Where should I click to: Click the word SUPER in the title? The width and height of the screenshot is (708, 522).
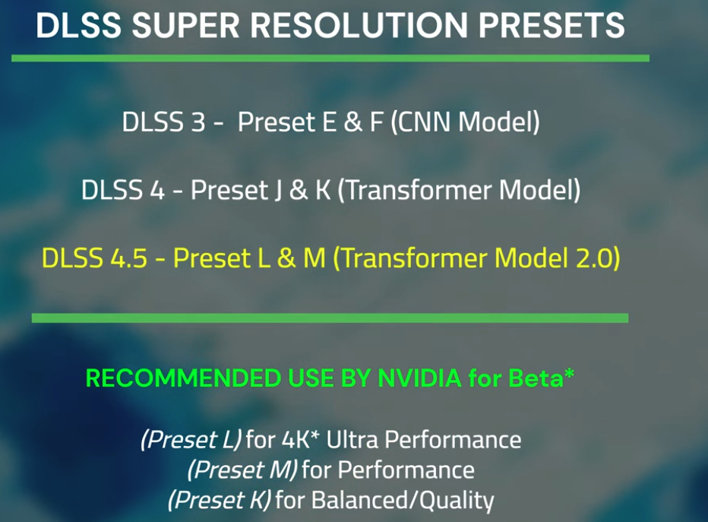(x=186, y=25)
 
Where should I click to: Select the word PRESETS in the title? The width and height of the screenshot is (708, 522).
(x=552, y=25)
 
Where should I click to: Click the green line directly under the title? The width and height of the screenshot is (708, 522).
(x=330, y=59)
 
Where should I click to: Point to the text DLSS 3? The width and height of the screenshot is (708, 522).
(x=164, y=122)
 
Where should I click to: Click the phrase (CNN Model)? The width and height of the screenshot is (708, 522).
(x=465, y=122)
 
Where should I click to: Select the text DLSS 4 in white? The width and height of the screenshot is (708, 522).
(x=123, y=190)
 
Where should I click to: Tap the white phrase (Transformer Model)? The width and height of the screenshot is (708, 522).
(x=459, y=190)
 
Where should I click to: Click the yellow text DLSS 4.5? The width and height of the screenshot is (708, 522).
(x=94, y=258)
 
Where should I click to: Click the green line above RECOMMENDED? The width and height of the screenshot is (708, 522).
(x=330, y=318)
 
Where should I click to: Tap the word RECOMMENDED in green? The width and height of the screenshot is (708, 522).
(x=183, y=378)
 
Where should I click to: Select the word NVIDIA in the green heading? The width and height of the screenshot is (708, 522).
(x=419, y=378)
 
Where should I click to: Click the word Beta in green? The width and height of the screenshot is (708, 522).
(x=536, y=378)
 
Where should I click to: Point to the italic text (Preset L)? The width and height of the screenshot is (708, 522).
(x=191, y=439)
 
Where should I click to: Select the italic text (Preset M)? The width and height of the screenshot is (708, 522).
(x=242, y=470)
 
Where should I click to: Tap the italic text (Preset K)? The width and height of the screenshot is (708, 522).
(x=220, y=500)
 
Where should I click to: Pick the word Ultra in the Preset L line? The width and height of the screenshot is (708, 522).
(x=352, y=439)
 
